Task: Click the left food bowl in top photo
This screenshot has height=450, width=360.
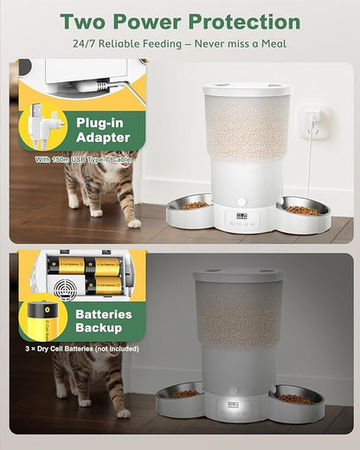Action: [190, 207]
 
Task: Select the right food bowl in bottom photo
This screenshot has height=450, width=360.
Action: [296, 399]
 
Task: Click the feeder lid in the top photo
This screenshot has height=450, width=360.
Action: [247, 88]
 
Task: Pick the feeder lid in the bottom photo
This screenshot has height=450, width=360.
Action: [238, 276]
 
